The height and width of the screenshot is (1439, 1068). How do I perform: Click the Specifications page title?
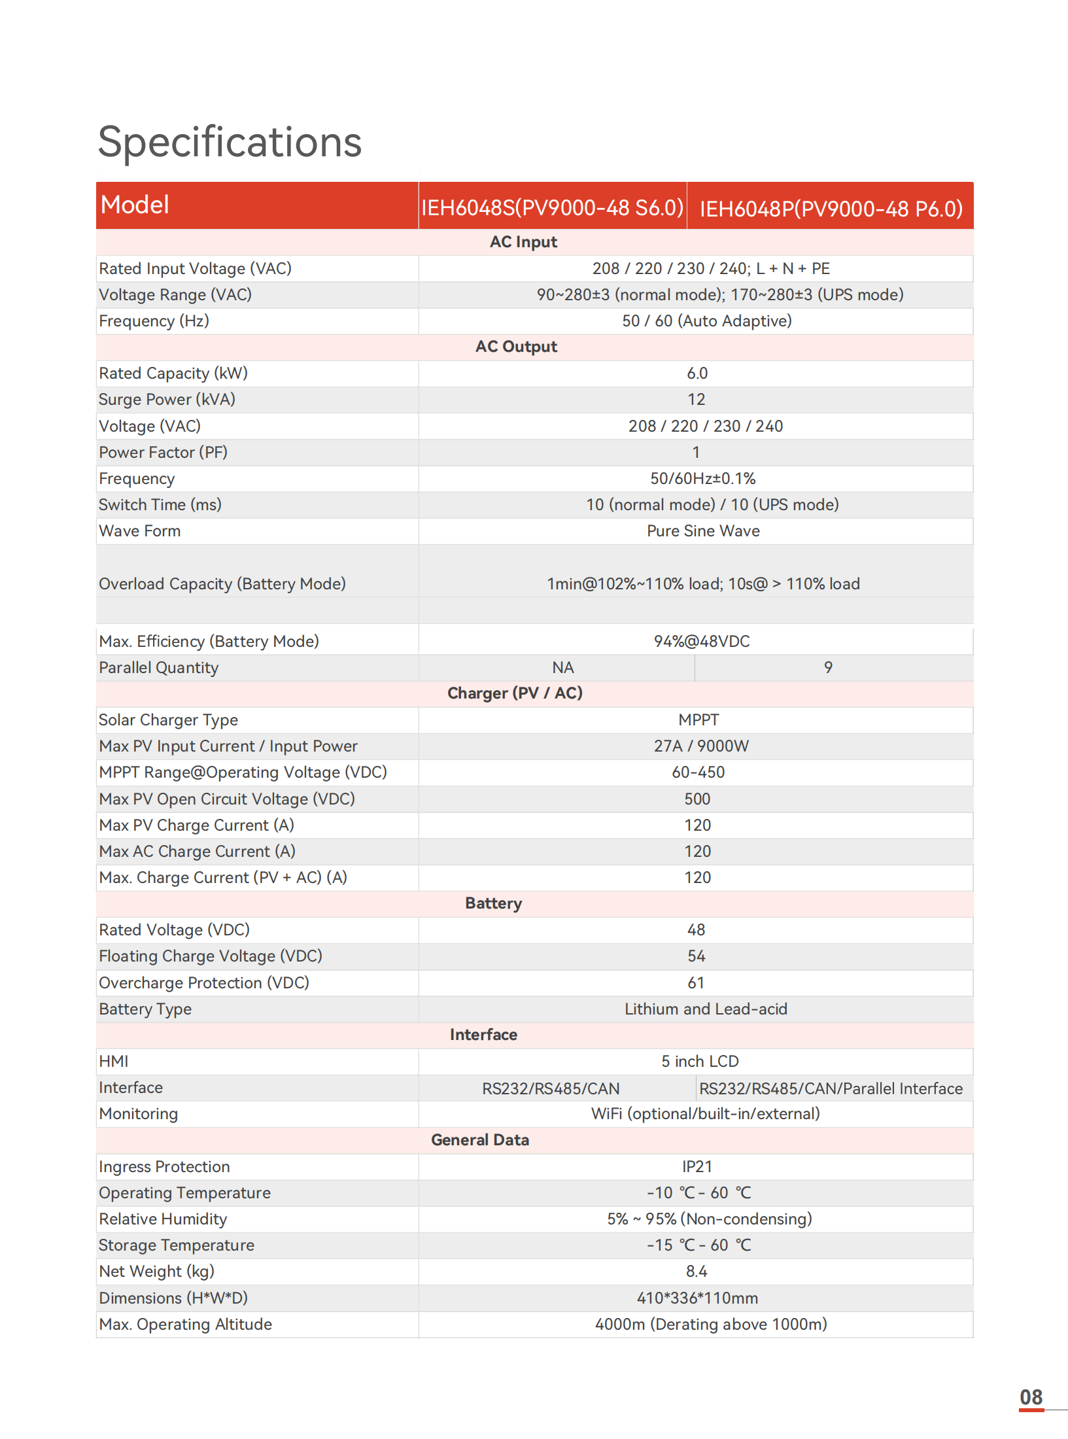tap(230, 142)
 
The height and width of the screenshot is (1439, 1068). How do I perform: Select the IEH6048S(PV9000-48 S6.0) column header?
tap(552, 208)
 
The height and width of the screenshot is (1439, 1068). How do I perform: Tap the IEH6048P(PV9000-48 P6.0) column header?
tap(831, 209)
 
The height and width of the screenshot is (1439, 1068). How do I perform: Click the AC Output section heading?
tap(516, 347)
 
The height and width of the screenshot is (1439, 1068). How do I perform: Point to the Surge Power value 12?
tap(696, 400)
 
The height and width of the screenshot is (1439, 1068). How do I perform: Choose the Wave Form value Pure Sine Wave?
tap(703, 531)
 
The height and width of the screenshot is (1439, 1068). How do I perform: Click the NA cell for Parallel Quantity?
tap(562, 668)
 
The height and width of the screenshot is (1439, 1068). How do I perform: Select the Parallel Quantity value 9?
tap(828, 668)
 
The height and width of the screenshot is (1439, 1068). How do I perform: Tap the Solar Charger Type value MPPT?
tap(698, 720)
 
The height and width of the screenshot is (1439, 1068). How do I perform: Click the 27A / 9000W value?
tap(701, 746)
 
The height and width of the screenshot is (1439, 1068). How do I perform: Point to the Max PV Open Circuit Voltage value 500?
tap(697, 799)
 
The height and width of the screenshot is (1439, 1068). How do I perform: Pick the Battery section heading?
tap(493, 903)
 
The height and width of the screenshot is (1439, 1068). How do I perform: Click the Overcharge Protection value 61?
tap(696, 983)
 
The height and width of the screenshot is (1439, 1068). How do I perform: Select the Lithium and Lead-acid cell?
tap(706, 1009)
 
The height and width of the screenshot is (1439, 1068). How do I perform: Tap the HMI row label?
tap(114, 1062)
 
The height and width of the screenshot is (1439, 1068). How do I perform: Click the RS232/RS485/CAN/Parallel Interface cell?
tap(831, 1088)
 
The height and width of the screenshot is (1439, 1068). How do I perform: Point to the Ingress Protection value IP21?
tap(697, 1167)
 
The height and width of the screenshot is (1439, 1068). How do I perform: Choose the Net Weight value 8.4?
tap(697, 1272)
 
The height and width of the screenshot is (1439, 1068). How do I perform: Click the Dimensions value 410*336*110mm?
tap(697, 1298)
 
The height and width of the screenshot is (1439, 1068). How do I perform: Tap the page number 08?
tap(1031, 1398)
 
